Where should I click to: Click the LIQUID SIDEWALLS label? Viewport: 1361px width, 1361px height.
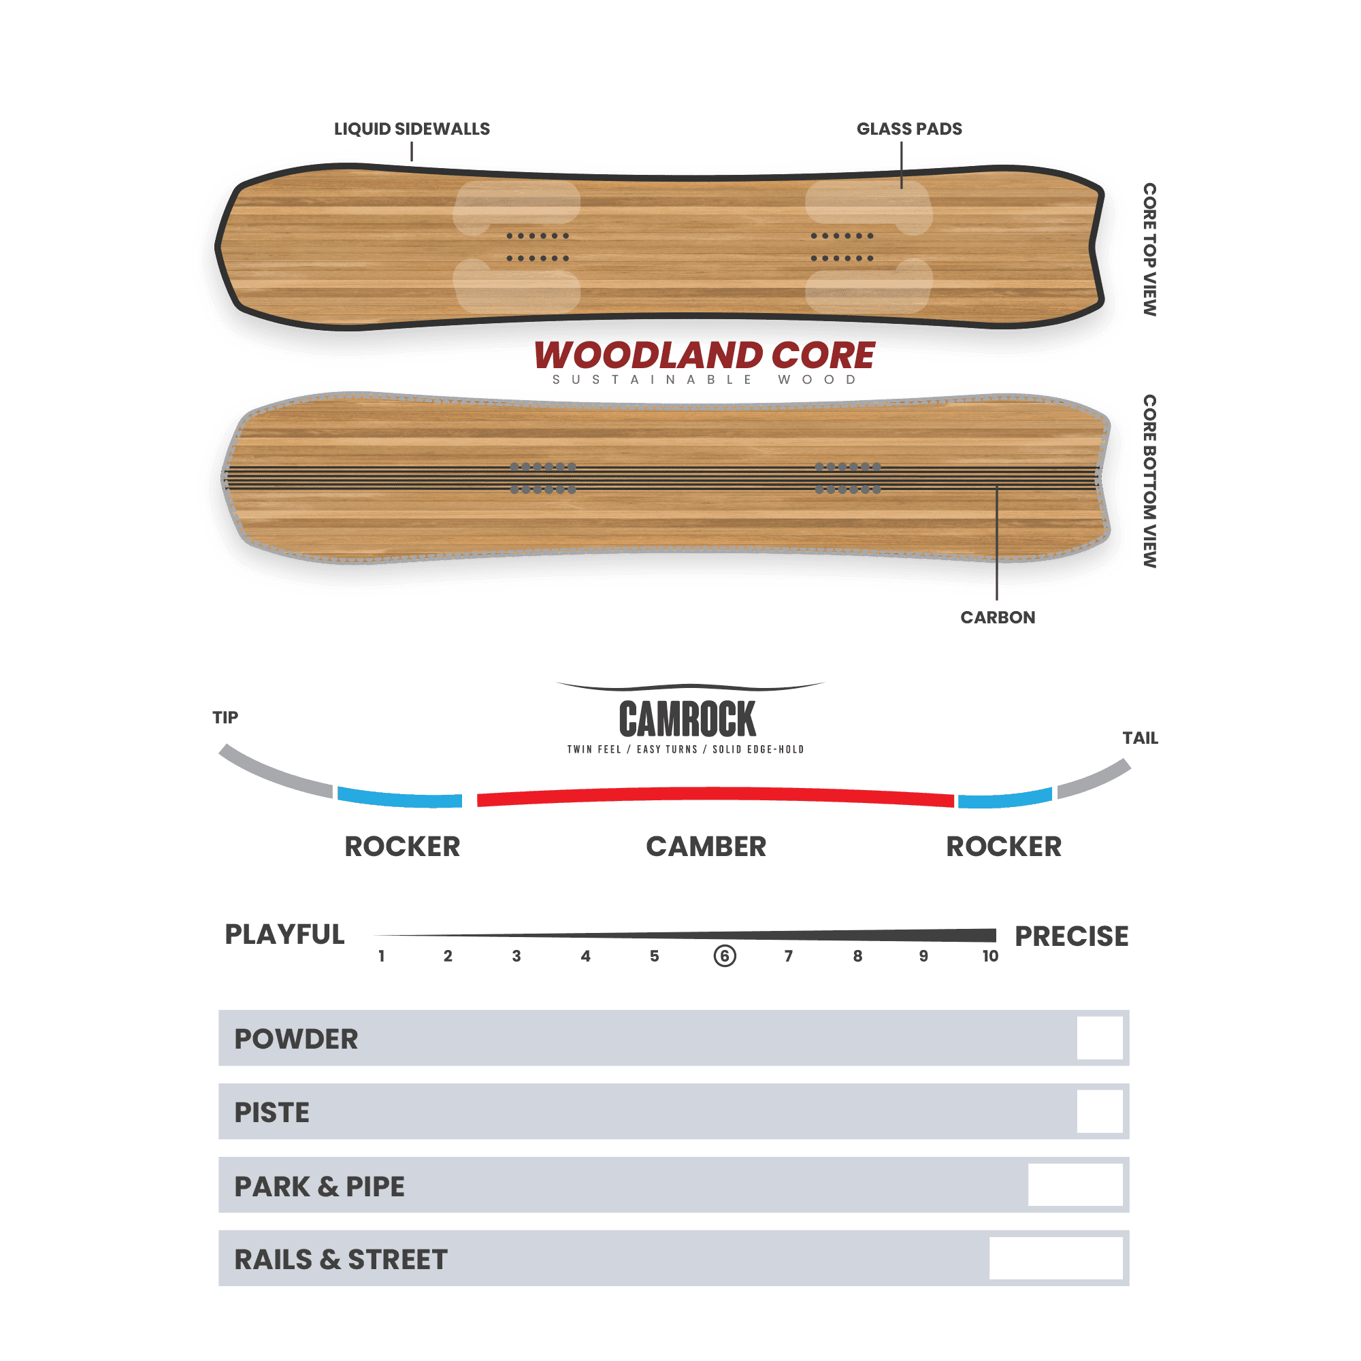[x=412, y=129]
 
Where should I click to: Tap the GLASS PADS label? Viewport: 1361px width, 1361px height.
[x=908, y=129]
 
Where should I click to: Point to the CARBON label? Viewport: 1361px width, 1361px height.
[x=998, y=618]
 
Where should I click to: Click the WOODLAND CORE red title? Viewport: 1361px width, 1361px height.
[x=704, y=355]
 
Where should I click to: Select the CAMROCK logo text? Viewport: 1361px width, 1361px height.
[x=687, y=719]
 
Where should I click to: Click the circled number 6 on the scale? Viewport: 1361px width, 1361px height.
[x=725, y=956]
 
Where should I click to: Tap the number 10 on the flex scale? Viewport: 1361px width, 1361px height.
[x=990, y=956]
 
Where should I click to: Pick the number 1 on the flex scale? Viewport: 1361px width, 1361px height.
[x=381, y=956]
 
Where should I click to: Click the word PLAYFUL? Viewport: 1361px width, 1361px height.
[x=284, y=935]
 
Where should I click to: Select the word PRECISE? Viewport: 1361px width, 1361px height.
[x=1072, y=936]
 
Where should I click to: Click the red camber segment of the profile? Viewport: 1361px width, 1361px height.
[x=716, y=795]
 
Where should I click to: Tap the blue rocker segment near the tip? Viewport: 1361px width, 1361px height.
[x=399, y=798]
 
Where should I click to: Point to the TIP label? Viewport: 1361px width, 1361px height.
[x=225, y=717]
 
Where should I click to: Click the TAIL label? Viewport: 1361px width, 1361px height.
[x=1140, y=738]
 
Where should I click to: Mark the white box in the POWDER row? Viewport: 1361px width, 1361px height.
[x=1100, y=1038]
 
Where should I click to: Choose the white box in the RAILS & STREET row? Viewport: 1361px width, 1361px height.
[x=1056, y=1258]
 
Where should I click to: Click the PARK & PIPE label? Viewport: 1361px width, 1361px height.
[x=319, y=1187]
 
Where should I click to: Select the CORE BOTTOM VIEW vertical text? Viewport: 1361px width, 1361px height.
[x=1149, y=481]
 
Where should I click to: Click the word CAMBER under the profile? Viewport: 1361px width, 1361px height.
[x=706, y=847]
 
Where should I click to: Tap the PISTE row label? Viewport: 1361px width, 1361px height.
[x=272, y=1113]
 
